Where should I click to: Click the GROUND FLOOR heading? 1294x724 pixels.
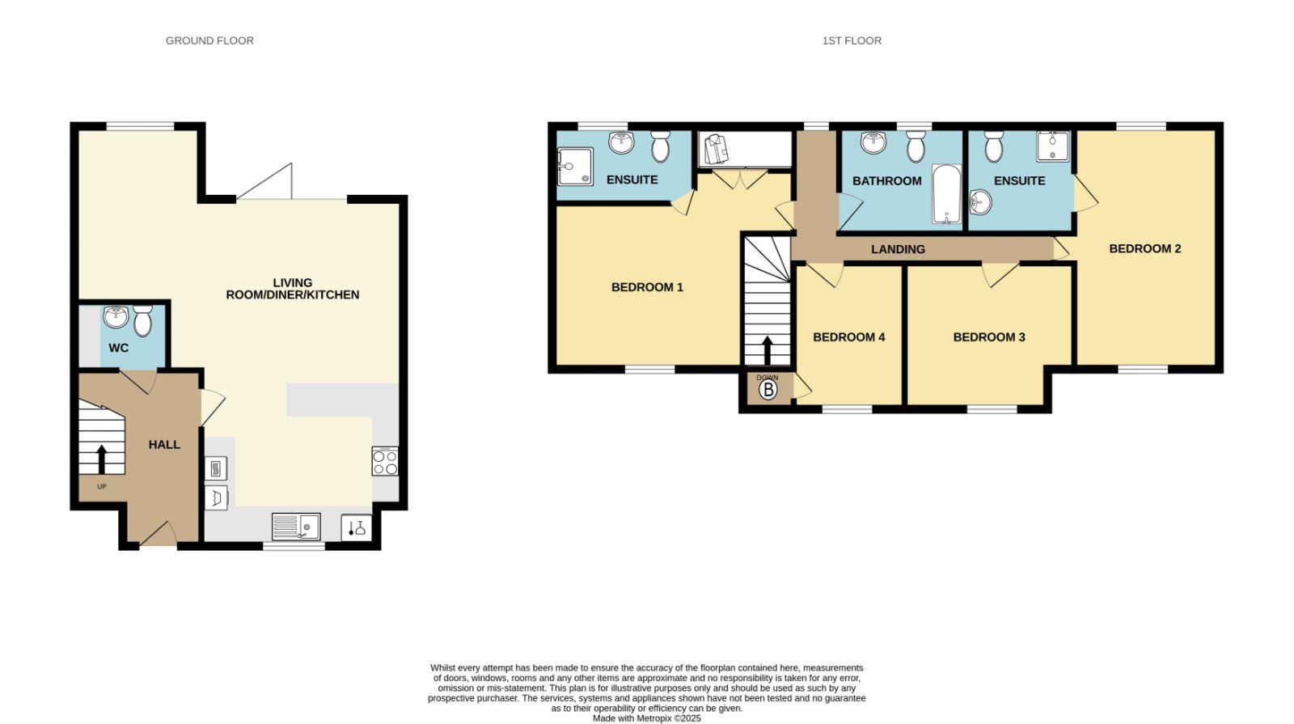[x=209, y=40]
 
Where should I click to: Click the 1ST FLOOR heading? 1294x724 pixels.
[x=852, y=40]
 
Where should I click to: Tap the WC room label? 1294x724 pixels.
[x=118, y=348]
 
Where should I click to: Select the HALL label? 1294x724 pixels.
[x=165, y=444]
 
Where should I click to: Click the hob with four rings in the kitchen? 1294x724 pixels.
[x=385, y=461]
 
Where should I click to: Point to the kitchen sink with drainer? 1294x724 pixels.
[x=296, y=527]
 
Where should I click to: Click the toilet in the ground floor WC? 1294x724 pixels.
[x=142, y=320]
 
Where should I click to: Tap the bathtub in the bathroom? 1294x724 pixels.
[x=947, y=194]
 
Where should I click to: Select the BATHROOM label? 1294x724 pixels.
[x=887, y=181]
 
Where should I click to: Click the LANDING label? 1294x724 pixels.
[x=899, y=249]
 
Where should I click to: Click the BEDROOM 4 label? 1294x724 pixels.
[x=849, y=337]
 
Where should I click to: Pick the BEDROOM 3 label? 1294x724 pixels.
[x=990, y=337]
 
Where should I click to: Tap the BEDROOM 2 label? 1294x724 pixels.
[x=1145, y=248]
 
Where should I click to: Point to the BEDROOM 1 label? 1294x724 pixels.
[x=648, y=287]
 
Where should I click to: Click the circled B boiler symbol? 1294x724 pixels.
[x=768, y=390]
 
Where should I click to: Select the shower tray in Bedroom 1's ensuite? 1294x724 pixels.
[x=575, y=167]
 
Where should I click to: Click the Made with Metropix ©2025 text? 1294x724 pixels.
[x=647, y=718]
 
